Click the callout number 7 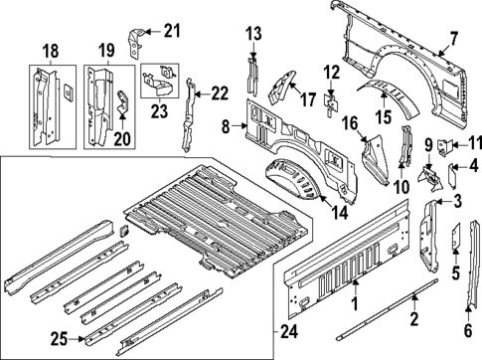pyautogui.click(x=453, y=39)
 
